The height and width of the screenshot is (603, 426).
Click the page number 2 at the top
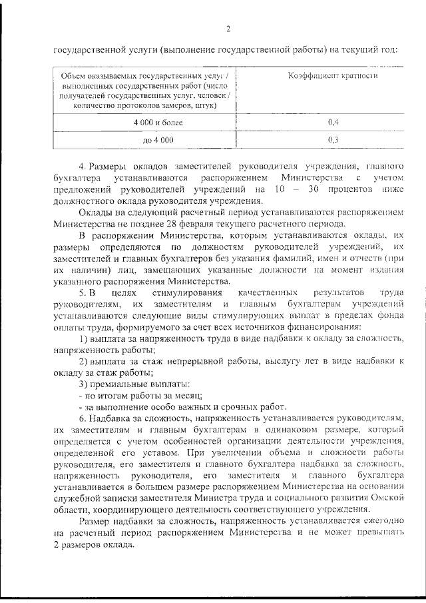point(228,29)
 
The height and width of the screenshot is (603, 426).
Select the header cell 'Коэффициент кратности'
point(333,76)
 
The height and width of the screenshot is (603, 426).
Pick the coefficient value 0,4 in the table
point(333,123)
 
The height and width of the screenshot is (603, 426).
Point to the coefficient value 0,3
point(333,140)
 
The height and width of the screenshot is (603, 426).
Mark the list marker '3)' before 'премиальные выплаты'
point(83,384)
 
